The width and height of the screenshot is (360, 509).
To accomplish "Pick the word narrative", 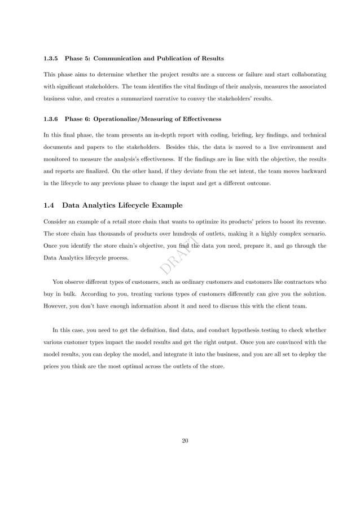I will pos(175,99).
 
